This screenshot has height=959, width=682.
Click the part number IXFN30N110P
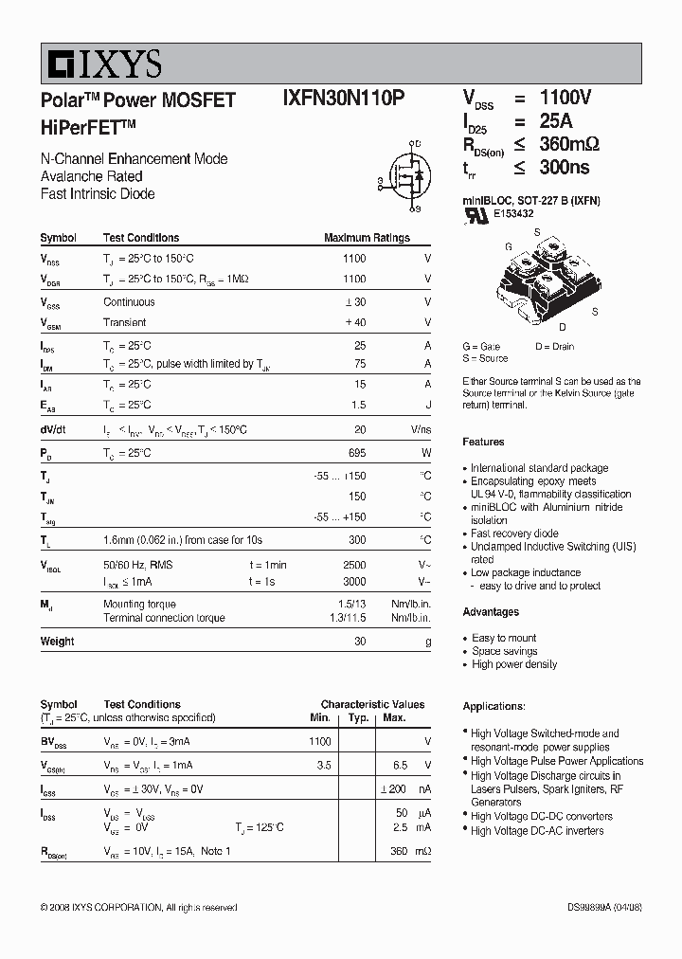pos(344,99)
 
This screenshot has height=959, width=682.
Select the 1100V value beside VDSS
pos(565,98)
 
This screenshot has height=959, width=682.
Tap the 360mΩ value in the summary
pos(569,144)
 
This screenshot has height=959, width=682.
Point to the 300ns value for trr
pos(565,168)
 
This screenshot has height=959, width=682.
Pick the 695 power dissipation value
pos(356,454)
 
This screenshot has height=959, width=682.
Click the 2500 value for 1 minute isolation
pos(353,565)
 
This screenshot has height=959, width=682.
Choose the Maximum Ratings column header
pos(367,239)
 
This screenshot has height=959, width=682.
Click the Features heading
pos(483,443)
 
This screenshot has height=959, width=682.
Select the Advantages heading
pos(491,612)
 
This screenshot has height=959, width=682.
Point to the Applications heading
pos(494,707)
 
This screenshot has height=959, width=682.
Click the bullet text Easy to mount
pos(504,639)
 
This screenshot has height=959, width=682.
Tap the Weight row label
pos(58,642)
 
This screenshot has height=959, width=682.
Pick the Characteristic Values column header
pos(372,705)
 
